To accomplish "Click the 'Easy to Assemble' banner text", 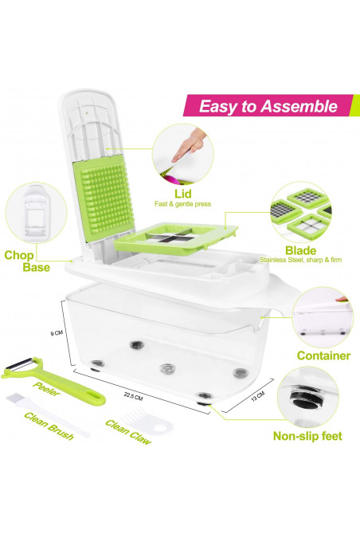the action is coord(268,106).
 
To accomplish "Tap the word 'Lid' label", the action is coord(183,194).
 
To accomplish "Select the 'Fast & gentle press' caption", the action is coord(182,204).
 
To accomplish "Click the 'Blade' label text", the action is coord(301,250).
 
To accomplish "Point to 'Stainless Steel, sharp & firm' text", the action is coord(301,260).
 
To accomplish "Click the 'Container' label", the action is coord(323,355).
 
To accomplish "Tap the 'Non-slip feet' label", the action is coord(307,436).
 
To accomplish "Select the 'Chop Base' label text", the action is coord(27,261).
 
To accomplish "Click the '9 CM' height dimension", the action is coord(57,332).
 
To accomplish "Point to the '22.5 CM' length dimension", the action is coord(133,396).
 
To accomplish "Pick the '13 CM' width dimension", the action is coord(257,396).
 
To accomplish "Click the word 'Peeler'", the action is coord(47,389).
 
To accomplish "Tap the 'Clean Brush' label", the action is coord(49,426).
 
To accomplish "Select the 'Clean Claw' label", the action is coord(128,432).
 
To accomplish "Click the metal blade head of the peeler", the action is coord(21,364).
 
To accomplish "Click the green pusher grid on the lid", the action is coord(105,198).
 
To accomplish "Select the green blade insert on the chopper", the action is coord(176,238).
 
